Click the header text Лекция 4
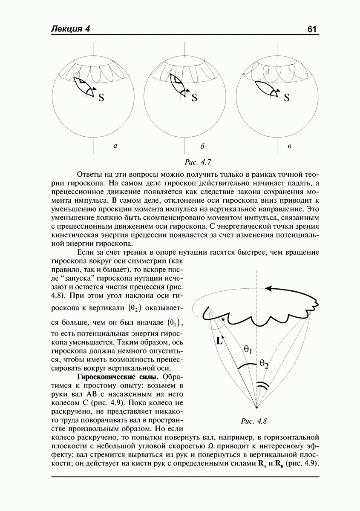[71, 29]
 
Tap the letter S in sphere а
[101, 98]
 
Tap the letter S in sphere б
[194, 98]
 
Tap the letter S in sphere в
[286, 98]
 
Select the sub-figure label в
[289, 146]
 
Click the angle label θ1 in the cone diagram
[248, 350]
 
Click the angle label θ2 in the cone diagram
[264, 364]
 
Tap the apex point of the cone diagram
[256, 407]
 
